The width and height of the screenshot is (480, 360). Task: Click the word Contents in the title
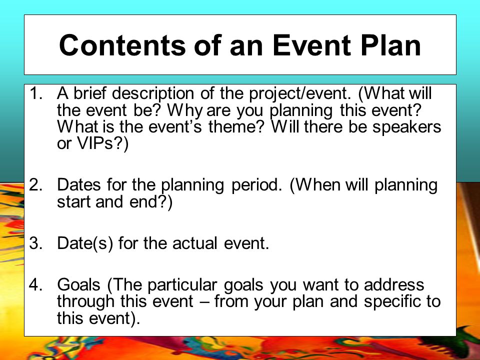[x=122, y=45]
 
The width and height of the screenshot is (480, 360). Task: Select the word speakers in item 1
[x=406, y=127]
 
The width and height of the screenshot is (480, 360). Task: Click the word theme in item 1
[x=235, y=126]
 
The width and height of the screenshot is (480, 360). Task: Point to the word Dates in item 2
[x=78, y=185]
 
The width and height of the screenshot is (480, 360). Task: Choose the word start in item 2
[x=74, y=202]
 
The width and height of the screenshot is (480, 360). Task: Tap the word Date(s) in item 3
[x=85, y=243]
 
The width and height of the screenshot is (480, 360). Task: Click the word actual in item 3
[x=194, y=243]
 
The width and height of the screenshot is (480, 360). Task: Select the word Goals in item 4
[x=78, y=284]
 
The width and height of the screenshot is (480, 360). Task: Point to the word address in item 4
[x=394, y=284]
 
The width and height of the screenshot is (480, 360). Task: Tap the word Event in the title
[x=311, y=45]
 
